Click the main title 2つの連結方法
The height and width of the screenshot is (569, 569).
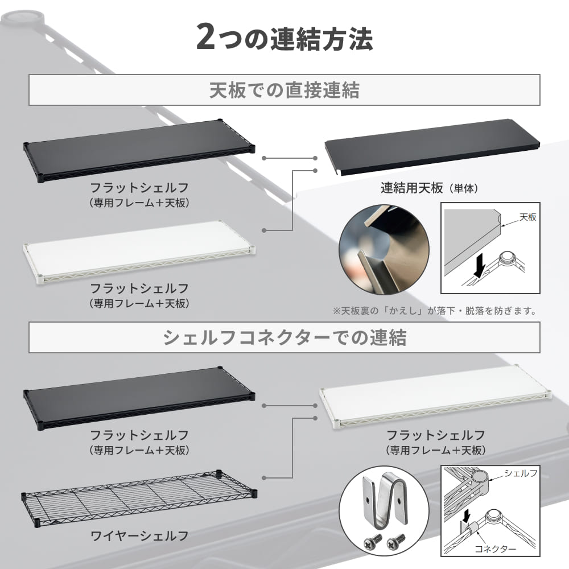coord(284,38)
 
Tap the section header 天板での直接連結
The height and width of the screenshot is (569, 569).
coord(284,90)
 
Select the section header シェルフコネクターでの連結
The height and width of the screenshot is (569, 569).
coord(284,337)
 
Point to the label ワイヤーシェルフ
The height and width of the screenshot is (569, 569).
coord(139,535)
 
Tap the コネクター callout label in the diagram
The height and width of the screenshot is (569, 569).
coord(495,549)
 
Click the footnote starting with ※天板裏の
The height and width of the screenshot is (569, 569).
coord(435,311)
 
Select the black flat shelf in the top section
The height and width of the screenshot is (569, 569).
coord(139,151)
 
